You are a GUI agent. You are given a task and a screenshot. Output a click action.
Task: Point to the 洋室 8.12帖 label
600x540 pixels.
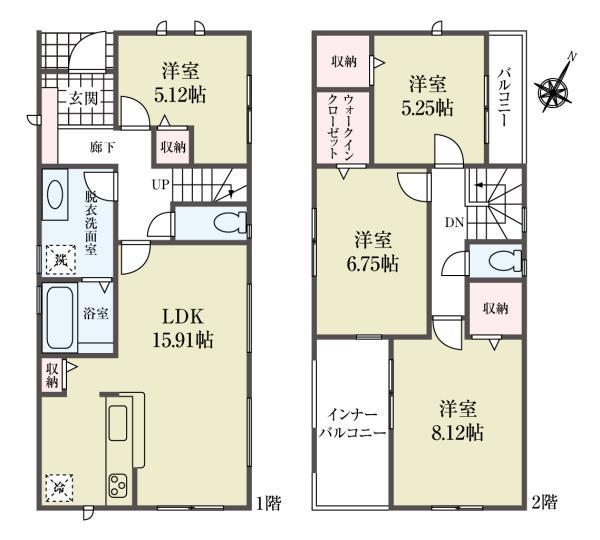[460, 422]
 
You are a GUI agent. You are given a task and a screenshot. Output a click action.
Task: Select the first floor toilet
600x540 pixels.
[225, 222]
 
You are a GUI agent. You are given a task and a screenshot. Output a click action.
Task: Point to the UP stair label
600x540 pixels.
[160, 184]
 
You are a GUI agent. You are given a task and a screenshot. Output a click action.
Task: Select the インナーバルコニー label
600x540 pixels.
[351, 424]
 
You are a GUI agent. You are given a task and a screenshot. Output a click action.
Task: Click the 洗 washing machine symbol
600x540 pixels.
[56, 260]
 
